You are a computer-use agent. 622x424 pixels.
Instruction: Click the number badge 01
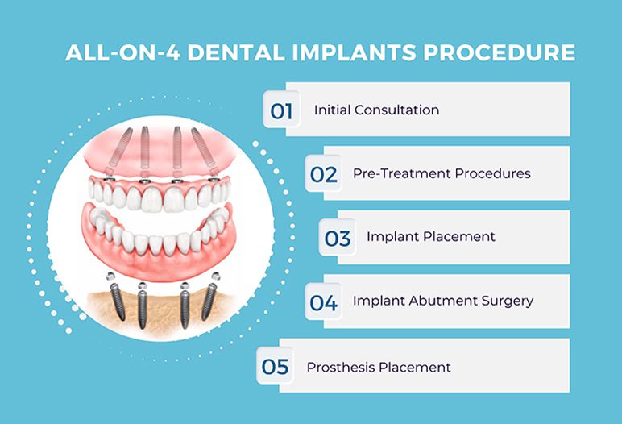click(281, 110)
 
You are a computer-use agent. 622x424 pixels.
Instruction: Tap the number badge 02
click(323, 174)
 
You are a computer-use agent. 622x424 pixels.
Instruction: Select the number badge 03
click(338, 239)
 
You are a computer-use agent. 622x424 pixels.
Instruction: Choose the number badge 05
click(275, 367)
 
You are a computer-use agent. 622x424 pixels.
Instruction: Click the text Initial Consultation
click(376, 110)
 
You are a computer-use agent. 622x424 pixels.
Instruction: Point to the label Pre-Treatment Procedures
click(442, 173)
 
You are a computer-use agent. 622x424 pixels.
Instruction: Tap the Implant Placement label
click(431, 237)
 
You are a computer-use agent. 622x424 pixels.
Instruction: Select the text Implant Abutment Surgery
click(443, 301)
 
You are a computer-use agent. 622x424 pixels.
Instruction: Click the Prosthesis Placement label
click(379, 367)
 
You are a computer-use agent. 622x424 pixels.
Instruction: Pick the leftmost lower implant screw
click(118, 301)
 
